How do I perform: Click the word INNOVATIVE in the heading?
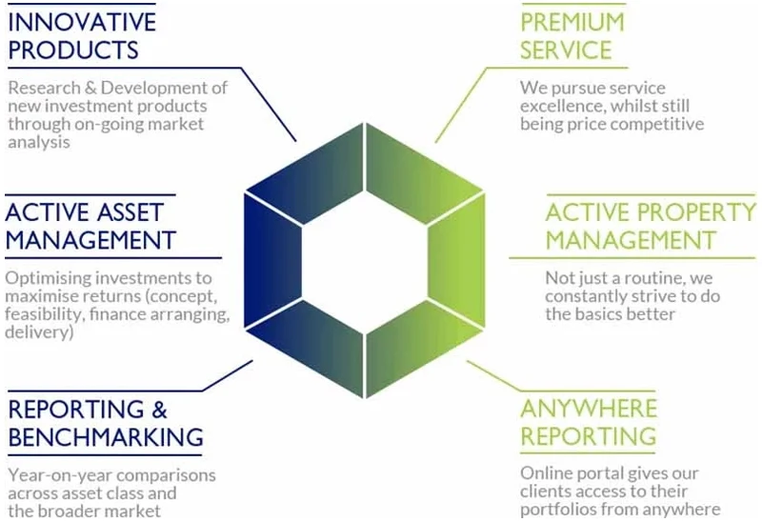tap(82, 19)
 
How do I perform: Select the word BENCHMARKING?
tap(106, 437)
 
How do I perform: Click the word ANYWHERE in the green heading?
tap(589, 408)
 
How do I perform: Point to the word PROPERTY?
tap(700, 211)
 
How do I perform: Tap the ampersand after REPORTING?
tap(158, 409)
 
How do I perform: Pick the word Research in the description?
tap(43, 88)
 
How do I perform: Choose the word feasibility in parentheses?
tap(45, 315)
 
